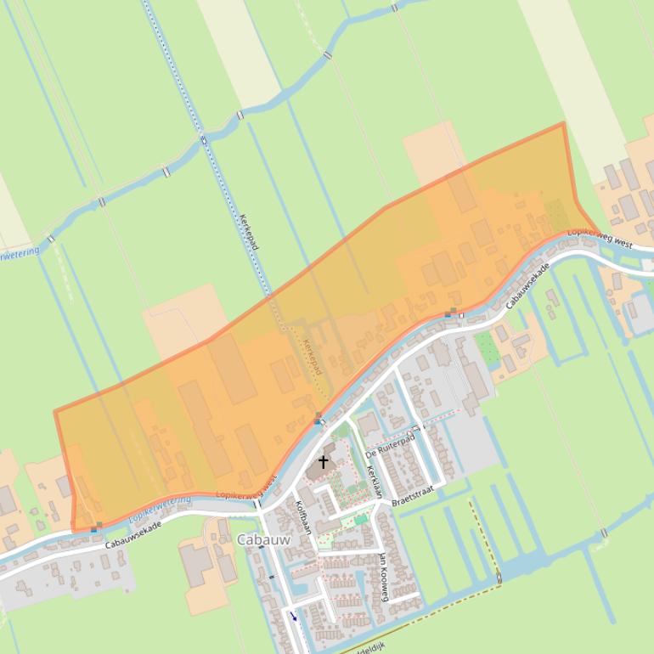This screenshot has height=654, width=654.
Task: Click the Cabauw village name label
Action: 263,539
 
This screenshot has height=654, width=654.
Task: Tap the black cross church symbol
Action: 323,461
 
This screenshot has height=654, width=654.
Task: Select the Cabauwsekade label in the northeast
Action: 527,285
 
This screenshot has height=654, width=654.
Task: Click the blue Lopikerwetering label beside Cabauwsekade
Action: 160,509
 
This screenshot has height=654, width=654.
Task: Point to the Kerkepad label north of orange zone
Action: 250,232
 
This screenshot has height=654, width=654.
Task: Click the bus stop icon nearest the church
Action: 318,419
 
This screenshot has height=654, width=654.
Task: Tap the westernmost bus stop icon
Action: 95,527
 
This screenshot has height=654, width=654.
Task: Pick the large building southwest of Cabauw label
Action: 198,565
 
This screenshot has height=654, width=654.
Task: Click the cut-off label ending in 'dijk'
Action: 371,647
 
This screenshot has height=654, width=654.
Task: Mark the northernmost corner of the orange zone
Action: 563,123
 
